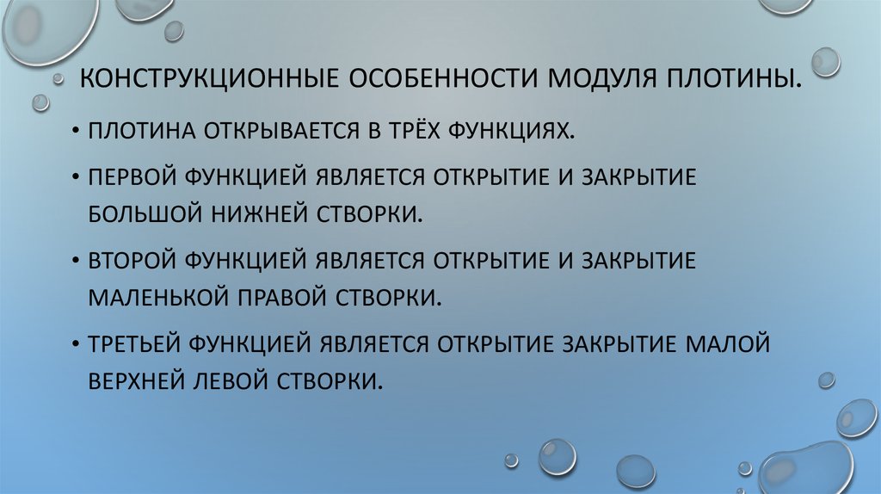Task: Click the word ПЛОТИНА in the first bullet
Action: [140, 131]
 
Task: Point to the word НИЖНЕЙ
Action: [249, 212]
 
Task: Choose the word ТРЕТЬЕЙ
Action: [133, 343]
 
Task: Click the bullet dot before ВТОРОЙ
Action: [77, 260]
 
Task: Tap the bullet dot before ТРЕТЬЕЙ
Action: [77, 344]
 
